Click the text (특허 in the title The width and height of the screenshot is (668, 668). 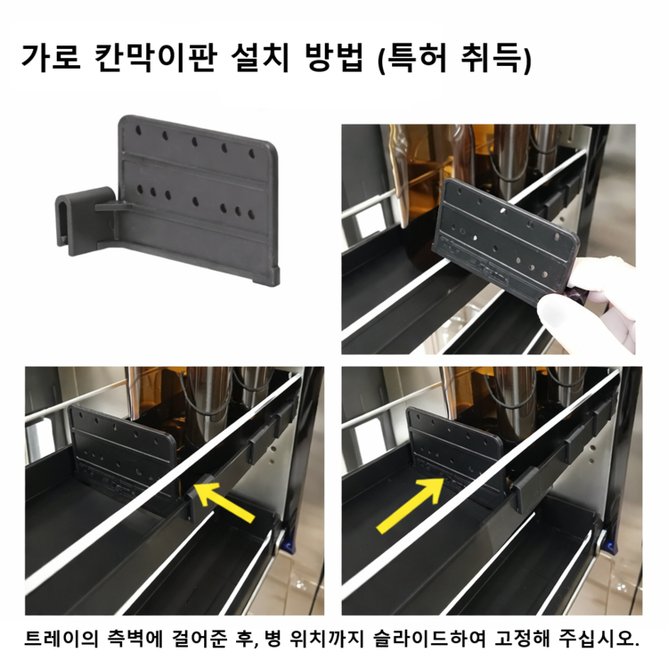[x=412, y=58]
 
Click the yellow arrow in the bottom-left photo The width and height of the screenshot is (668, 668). [x=224, y=502]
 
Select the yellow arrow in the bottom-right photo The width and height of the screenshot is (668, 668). [x=410, y=505]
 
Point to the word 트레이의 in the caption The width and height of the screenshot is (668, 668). [x=61, y=638]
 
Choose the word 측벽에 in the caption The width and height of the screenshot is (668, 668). [x=136, y=638]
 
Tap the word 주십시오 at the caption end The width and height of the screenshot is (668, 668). [x=598, y=638]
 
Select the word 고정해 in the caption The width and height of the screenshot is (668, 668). [x=523, y=638]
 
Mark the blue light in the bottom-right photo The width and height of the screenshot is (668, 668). [x=611, y=546]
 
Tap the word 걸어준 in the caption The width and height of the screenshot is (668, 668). [x=200, y=638]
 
